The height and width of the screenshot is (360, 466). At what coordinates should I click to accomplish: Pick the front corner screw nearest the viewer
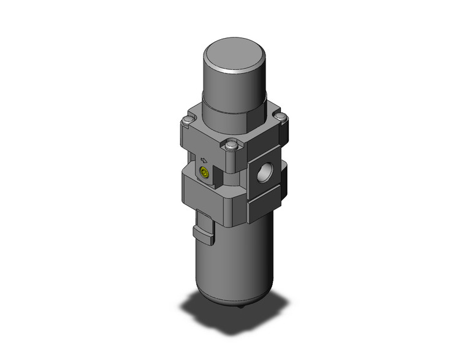click(x=231, y=145)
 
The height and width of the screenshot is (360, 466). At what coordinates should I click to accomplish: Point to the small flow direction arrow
click(x=204, y=158)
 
